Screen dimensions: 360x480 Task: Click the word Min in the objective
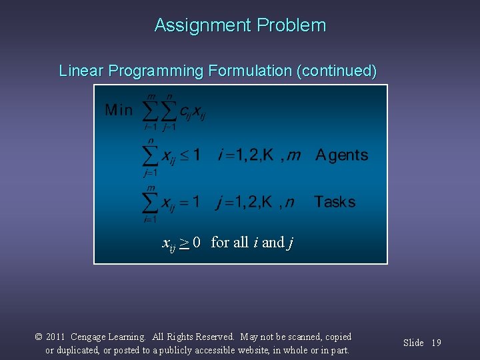pyautogui.click(x=119, y=110)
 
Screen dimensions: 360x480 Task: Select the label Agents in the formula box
pyautogui.click(x=341, y=155)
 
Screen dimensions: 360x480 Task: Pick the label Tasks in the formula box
pyautogui.click(x=335, y=201)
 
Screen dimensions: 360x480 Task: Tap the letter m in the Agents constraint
pyautogui.click(x=293, y=156)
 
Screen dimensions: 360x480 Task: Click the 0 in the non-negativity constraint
pyautogui.click(x=197, y=242)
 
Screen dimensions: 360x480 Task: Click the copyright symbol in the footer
pyautogui.click(x=39, y=337)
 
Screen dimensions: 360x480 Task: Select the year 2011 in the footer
pyautogui.click(x=55, y=337)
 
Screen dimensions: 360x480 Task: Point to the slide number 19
pyautogui.click(x=436, y=343)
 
